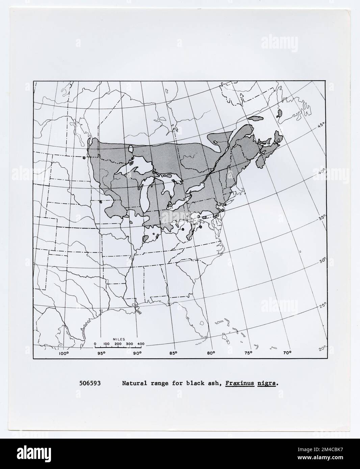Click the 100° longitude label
click(x=64, y=353)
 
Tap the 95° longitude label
click(x=101, y=353)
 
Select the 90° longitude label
click(x=137, y=353)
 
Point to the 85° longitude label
click(x=173, y=353)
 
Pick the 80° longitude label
click(x=211, y=353)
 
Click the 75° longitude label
click(x=249, y=353)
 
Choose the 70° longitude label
click(x=287, y=353)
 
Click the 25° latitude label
click(x=323, y=306)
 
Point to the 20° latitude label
click(x=323, y=348)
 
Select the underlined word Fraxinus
click(x=240, y=383)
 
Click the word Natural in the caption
click(x=132, y=383)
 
